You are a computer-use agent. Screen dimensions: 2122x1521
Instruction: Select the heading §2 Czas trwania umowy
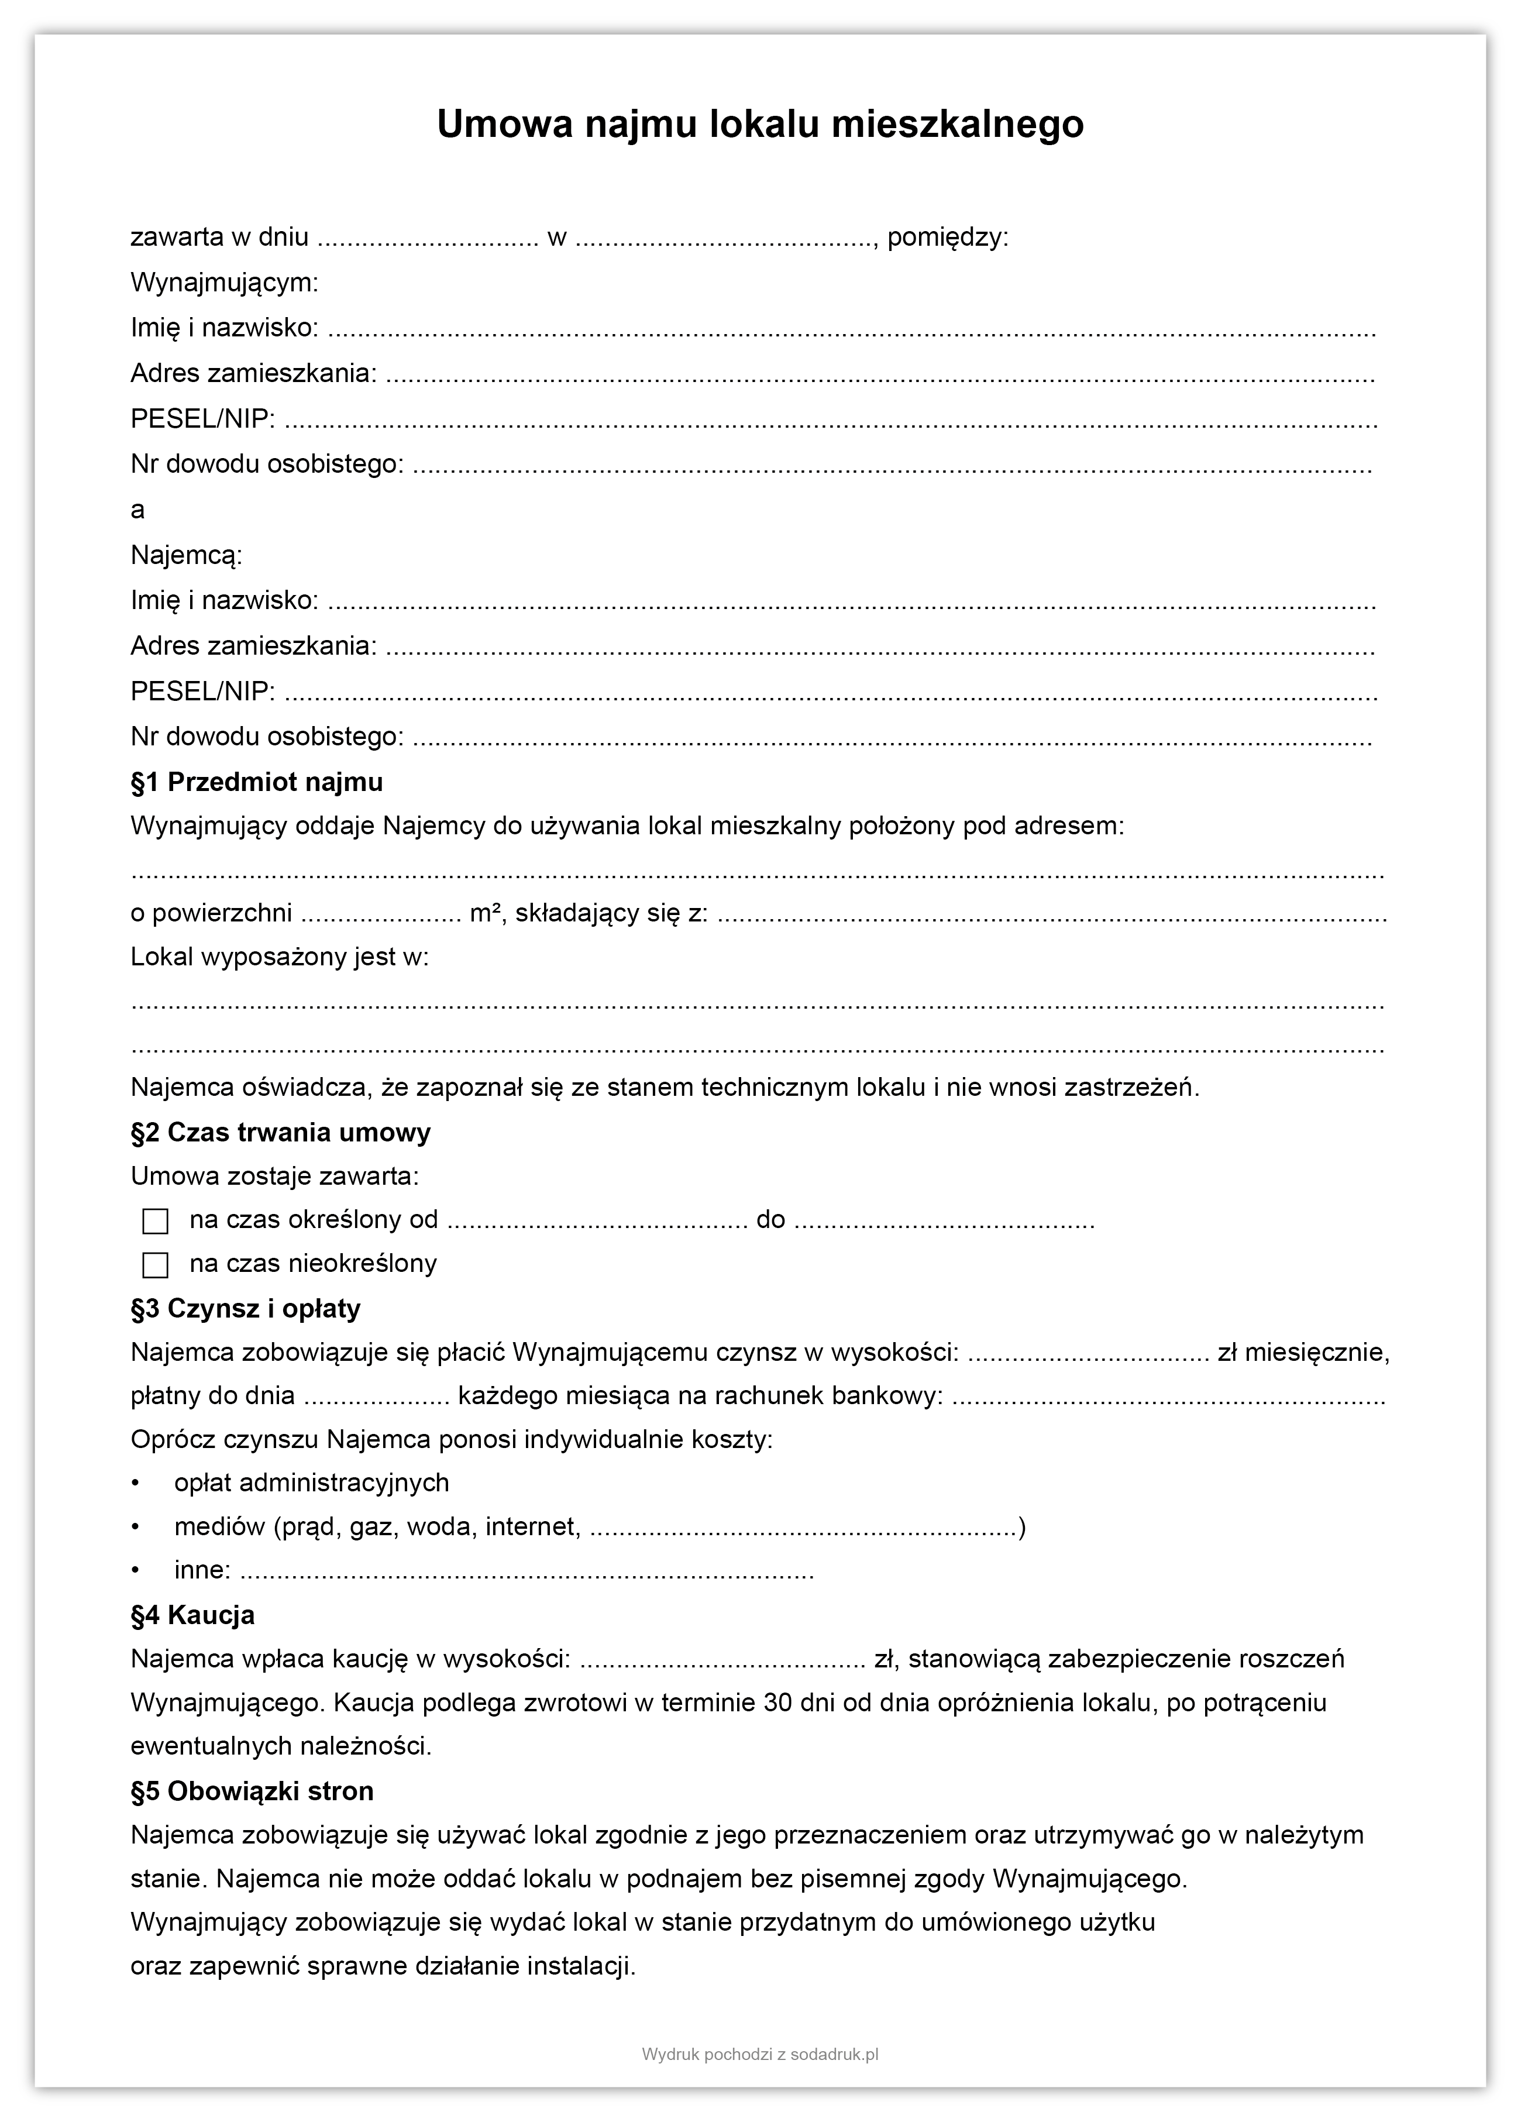pos(281,1133)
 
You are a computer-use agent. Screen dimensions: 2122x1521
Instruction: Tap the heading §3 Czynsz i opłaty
pos(245,1309)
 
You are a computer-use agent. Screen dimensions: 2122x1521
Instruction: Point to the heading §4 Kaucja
pos(192,1616)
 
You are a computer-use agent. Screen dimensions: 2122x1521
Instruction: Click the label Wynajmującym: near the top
pos(225,283)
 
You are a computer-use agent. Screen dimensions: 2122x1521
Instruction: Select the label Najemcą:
pos(186,556)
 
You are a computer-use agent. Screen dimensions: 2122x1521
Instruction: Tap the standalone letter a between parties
pos(137,511)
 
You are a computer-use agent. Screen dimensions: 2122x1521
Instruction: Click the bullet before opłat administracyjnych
pos(136,1483)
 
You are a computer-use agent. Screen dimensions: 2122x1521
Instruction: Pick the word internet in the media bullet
pos(533,1527)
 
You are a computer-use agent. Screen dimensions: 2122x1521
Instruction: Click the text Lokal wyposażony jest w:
pos(280,957)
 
